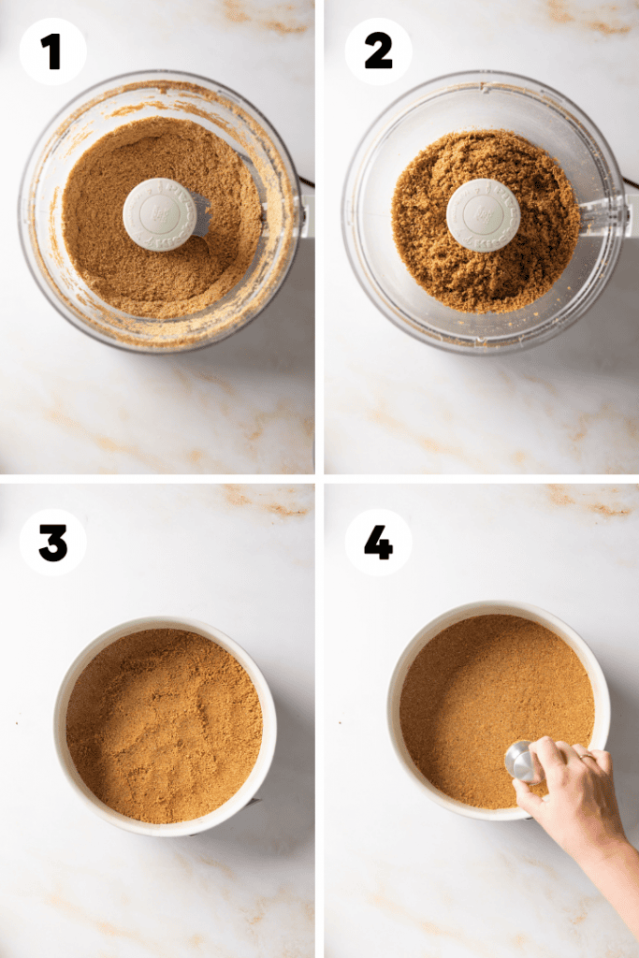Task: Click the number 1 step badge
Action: [x=53, y=51]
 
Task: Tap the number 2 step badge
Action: [x=378, y=51]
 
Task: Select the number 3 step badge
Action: [x=53, y=543]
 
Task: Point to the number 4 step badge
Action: [x=378, y=543]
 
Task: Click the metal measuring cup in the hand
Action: [x=522, y=762]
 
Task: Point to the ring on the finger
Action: [x=587, y=756]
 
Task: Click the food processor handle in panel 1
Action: [x=305, y=210]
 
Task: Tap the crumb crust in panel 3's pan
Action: [x=165, y=726]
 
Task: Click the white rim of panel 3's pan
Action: [x=59, y=726]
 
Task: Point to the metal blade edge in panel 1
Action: [x=200, y=215]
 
